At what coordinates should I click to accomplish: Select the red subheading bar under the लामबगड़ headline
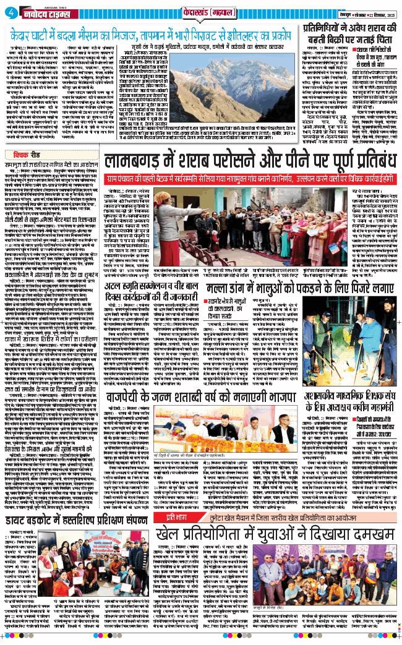point(250,178)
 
